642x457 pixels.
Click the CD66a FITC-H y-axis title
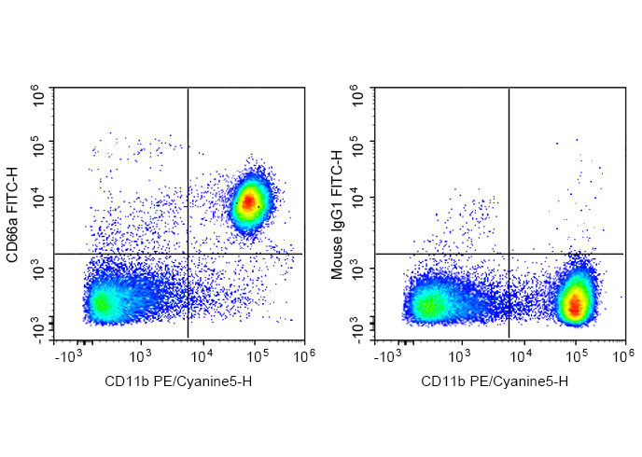pos(13,214)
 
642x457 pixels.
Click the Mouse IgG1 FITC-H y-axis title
pos(337,214)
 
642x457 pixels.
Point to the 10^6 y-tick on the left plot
pos(36,94)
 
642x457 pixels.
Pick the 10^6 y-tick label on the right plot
pos(356,94)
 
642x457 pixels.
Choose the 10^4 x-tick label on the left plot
pos(199,356)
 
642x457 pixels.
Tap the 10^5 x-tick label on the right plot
pos(576,356)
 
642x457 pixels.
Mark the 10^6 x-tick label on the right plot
pos(626,356)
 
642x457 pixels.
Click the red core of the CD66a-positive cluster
pos(248,200)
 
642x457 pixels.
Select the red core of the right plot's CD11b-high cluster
pos(576,303)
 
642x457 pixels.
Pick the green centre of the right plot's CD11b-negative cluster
pos(428,304)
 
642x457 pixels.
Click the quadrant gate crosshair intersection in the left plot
pos(188,254)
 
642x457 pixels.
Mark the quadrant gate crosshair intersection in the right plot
pos(509,254)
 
